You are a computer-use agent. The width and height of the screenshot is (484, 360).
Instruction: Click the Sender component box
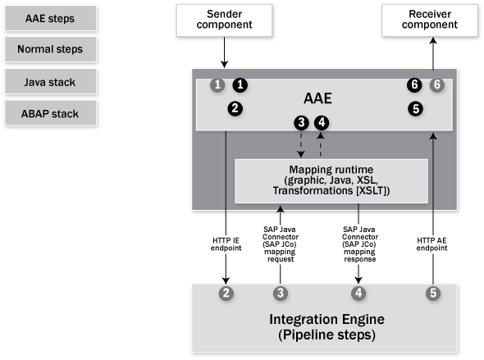coord(224,20)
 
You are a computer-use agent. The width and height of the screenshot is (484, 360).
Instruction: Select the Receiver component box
coord(429,20)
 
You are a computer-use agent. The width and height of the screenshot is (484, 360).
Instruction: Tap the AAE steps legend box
coord(50,18)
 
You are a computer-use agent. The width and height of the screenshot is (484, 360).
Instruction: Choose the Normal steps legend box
coord(50,49)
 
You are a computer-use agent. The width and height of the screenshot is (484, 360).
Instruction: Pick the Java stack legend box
coord(50,82)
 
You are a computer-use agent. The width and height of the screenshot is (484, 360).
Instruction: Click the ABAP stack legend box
coord(50,113)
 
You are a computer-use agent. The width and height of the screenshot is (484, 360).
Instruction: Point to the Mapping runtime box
coord(331,180)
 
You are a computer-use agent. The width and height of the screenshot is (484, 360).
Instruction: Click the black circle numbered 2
coord(235,108)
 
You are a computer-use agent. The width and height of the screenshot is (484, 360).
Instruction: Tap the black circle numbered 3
coord(301,122)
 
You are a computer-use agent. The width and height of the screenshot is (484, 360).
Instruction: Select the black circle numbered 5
coord(415,108)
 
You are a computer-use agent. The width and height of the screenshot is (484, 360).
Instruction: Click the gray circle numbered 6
coord(437,84)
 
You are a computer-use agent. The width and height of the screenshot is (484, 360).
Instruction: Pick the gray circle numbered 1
coord(217,84)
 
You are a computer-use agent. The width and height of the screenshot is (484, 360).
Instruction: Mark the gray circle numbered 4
coord(358,293)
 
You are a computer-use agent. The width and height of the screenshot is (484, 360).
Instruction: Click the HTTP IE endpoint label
coord(226,244)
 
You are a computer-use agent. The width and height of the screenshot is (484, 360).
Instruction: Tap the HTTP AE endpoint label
coord(431,244)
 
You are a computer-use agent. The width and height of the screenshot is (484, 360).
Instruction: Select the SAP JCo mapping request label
coord(281,244)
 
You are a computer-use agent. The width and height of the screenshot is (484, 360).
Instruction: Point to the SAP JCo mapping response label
coord(360,244)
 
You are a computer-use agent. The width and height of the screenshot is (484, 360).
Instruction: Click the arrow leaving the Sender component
coord(225,52)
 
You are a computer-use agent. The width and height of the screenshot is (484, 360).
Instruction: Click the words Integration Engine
coord(326,319)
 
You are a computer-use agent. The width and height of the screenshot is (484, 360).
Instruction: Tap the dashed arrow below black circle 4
coord(321,144)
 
